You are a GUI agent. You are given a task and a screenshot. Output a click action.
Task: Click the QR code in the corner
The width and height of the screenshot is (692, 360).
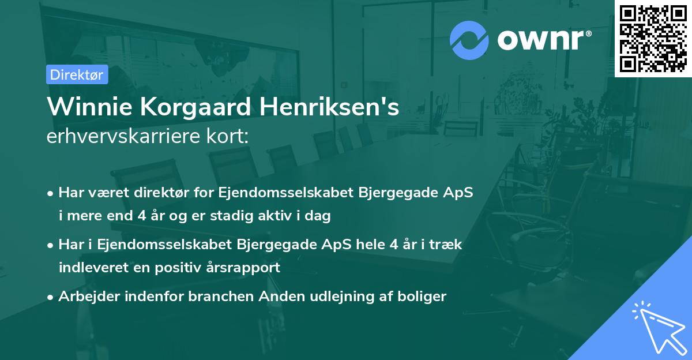tap(653, 38)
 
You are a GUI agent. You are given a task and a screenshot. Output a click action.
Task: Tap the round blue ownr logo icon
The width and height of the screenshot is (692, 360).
tap(469, 40)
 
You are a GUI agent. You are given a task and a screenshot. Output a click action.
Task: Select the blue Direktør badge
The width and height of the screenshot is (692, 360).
tap(77, 74)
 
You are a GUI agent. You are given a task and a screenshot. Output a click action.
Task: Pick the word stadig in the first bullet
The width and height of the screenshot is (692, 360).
tap(238, 216)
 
